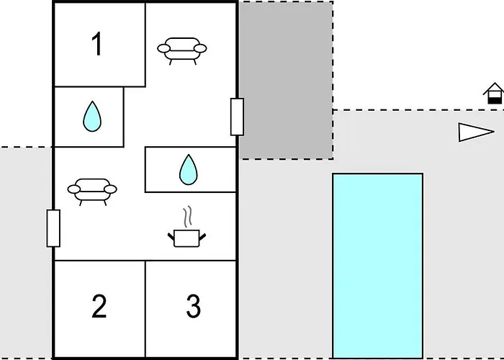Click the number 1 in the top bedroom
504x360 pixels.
97,45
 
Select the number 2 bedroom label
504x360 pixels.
99,307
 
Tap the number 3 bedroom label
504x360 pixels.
193,307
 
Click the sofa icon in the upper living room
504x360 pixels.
182,49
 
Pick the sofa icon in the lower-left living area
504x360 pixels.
92,190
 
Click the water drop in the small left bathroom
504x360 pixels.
91,116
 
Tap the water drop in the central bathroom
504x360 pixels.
188,170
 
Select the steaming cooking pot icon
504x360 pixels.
187,237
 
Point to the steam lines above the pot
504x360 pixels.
188,216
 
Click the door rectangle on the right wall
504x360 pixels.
237,117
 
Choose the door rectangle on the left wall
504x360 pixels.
53,228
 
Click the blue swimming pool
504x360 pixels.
377,265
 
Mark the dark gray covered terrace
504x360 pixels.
286,79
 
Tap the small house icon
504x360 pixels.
494,94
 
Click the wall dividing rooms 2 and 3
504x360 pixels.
145,310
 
